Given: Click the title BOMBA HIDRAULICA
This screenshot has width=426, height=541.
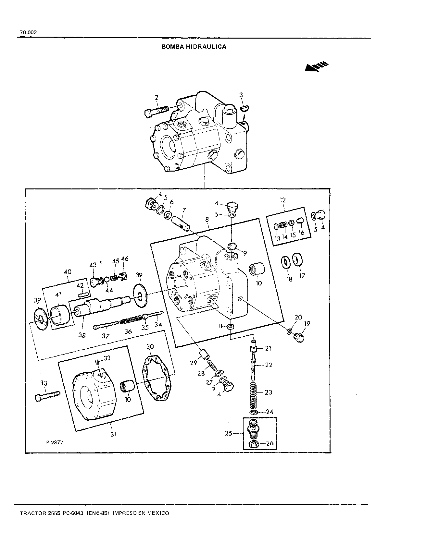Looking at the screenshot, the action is (x=194, y=47).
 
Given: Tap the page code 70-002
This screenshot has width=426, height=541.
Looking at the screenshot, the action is (x=28, y=32).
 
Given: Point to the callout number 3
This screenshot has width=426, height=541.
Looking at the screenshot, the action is (x=241, y=95).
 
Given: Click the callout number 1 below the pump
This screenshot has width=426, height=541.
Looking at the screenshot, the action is (x=205, y=179).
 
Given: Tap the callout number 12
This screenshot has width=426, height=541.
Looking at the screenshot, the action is (x=282, y=200).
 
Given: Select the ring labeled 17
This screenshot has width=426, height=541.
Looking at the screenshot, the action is (x=297, y=260).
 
